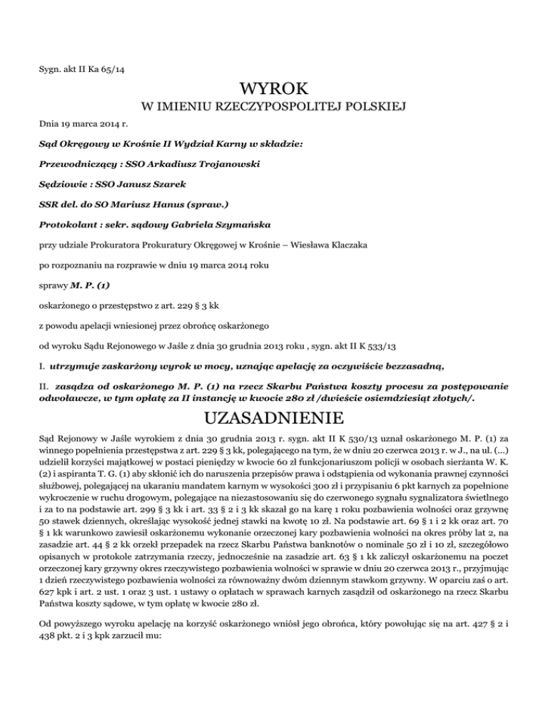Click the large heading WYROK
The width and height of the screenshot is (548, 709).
tap(274, 91)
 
